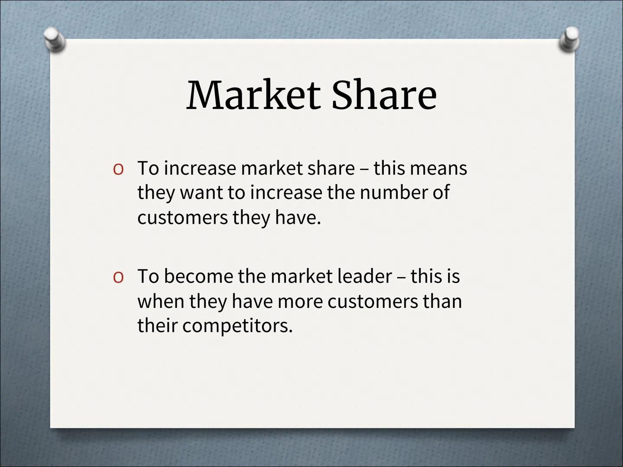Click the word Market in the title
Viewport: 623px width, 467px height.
pyautogui.click(x=254, y=95)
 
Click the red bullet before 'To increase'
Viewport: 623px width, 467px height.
pyautogui.click(x=119, y=170)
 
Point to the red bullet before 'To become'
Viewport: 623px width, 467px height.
pyautogui.click(x=119, y=277)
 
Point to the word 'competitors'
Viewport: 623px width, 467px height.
pyautogui.click(x=237, y=326)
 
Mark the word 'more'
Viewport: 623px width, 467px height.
pyautogui.click(x=300, y=302)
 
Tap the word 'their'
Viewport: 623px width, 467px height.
pyautogui.click(x=157, y=325)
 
